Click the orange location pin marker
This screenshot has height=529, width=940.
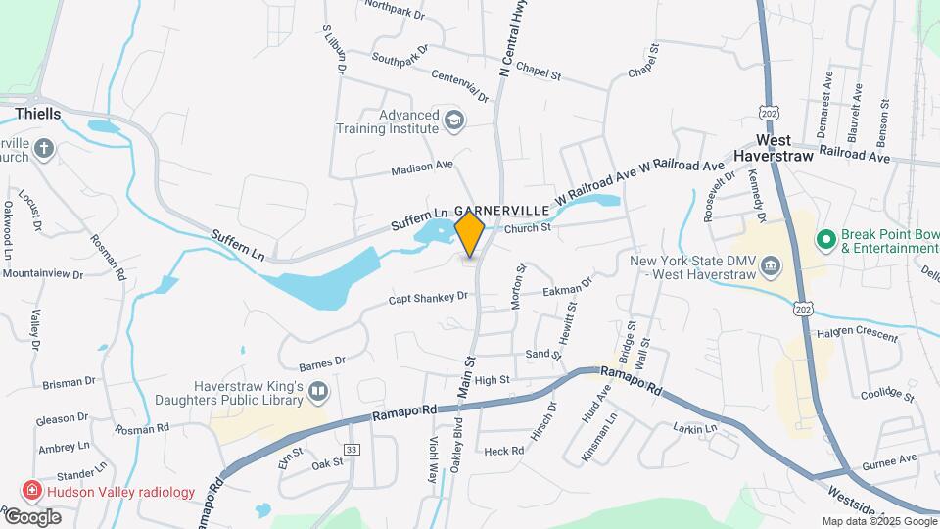470,235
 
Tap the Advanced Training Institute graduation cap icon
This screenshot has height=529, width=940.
453,120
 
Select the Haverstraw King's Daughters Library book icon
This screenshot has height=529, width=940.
317,393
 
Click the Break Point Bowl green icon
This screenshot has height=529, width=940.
825,238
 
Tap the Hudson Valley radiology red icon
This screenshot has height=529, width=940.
32,491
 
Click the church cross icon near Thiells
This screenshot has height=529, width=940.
43,149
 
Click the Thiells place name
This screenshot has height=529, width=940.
38,114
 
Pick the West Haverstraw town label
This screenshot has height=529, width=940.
774,148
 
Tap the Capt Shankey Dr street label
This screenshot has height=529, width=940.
428,298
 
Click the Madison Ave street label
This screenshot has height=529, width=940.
422,168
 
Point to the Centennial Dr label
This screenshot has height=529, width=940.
459,85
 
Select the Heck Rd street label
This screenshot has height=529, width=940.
504,451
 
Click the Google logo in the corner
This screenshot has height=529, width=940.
32,517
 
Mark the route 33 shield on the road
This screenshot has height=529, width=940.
352,449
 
